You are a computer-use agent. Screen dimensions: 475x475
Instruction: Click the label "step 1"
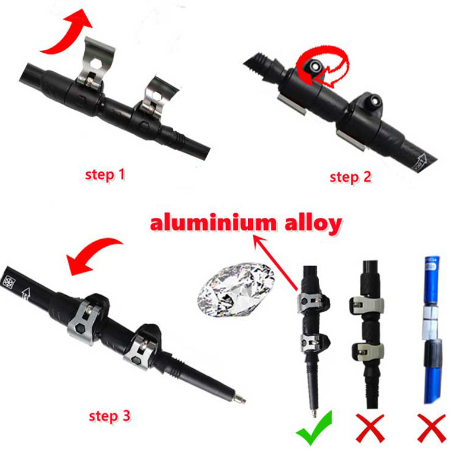[106, 175]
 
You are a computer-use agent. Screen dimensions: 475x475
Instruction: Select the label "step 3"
[109, 415]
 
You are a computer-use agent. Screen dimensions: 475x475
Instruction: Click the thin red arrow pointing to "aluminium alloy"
[274, 261]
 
